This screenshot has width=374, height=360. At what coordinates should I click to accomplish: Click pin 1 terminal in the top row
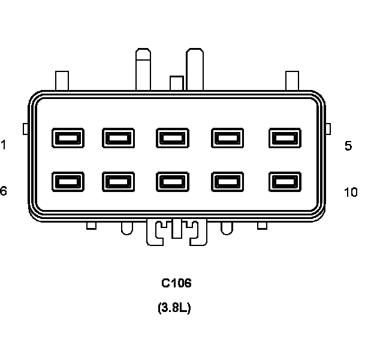(x=67, y=138)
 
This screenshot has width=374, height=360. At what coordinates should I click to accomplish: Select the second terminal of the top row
(x=118, y=138)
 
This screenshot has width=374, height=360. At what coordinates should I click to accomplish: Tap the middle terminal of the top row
(x=172, y=138)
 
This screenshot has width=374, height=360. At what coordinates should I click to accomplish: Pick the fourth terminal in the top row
(x=227, y=138)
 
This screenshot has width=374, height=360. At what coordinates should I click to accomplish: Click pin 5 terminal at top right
(x=285, y=138)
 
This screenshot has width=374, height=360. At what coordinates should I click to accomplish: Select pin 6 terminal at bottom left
(x=67, y=181)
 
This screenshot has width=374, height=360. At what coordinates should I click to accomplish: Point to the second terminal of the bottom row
(x=118, y=181)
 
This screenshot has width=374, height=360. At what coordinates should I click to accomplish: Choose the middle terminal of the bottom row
(x=172, y=181)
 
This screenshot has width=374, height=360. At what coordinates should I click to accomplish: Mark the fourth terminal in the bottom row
(x=227, y=181)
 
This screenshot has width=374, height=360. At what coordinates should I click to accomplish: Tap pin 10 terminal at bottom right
(x=285, y=181)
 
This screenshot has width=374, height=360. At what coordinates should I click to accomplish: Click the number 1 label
(x=4, y=145)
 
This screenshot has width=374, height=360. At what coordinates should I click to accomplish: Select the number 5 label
(x=348, y=146)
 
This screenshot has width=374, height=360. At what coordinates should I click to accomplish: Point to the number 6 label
(x=4, y=191)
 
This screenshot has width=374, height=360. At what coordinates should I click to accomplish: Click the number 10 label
(x=351, y=192)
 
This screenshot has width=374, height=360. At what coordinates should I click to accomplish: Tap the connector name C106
(x=176, y=283)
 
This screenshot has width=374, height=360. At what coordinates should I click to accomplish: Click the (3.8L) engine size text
(x=174, y=308)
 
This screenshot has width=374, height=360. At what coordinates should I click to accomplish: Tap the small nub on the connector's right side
(x=327, y=128)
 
